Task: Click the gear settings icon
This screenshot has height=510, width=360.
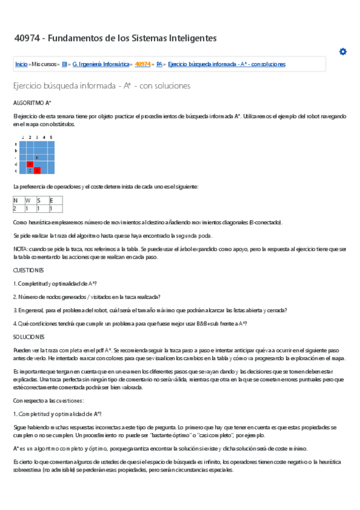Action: click(x=343, y=52)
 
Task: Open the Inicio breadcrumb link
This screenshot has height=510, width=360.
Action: click(x=21, y=64)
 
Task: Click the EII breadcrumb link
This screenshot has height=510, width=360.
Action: click(x=65, y=64)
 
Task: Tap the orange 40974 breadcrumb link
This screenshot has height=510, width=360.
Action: click(x=143, y=64)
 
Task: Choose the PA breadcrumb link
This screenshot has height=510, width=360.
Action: click(x=159, y=64)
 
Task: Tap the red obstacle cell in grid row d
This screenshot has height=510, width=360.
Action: click(x=30, y=164)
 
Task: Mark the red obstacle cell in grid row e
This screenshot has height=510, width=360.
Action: click(x=37, y=170)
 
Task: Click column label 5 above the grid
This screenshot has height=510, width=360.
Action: click(x=51, y=138)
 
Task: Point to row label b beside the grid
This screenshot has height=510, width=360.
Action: click(x=15, y=150)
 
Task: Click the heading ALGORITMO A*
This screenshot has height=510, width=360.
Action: click(x=32, y=103)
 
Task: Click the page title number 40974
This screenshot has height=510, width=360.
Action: click(x=27, y=38)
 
